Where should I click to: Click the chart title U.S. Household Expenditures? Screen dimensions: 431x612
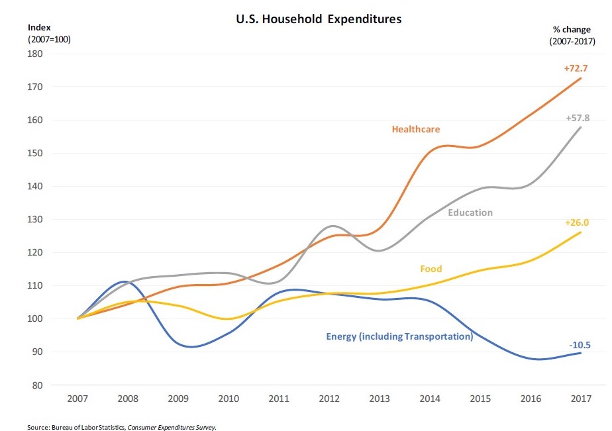coord(319,19)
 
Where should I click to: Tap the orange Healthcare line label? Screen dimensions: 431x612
coord(416,129)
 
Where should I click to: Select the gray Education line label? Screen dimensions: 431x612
coord(470,213)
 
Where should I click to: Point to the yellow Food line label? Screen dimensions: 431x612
coord(431,269)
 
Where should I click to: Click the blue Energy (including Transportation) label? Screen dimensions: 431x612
coord(399,336)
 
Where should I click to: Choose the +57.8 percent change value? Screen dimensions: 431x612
coord(578,118)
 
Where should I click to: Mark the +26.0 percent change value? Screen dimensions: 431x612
coord(577,222)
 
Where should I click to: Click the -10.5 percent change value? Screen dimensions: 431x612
coord(580,345)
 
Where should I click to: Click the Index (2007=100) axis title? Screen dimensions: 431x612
coord(48,33)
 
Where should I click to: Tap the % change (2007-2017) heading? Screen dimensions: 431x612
coord(571,36)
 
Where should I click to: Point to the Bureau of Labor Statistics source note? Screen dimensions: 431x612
coord(122,427)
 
